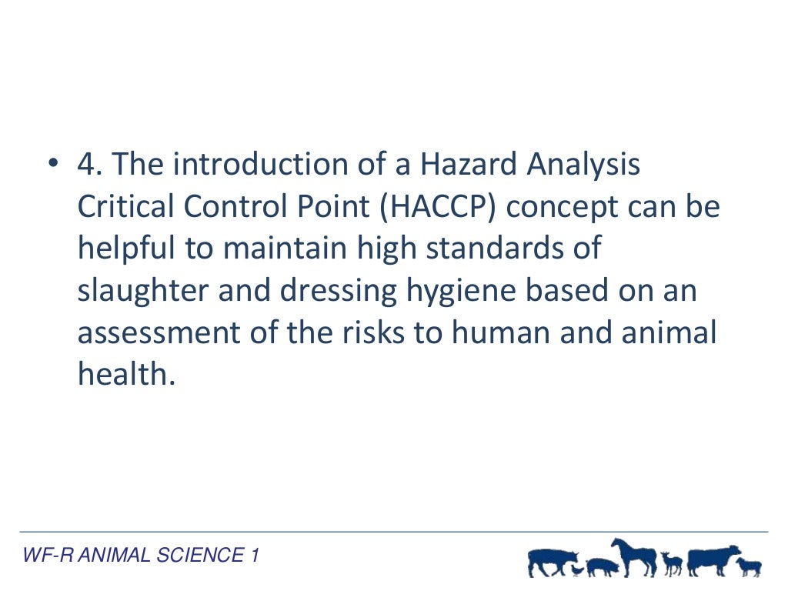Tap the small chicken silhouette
tap(577, 570)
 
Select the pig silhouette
tap(602, 568)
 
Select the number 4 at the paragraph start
tap(85, 165)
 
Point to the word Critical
tap(129, 208)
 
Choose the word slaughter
tap(143, 291)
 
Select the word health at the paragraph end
tap(121, 374)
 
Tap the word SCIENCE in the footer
tap(199, 555)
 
